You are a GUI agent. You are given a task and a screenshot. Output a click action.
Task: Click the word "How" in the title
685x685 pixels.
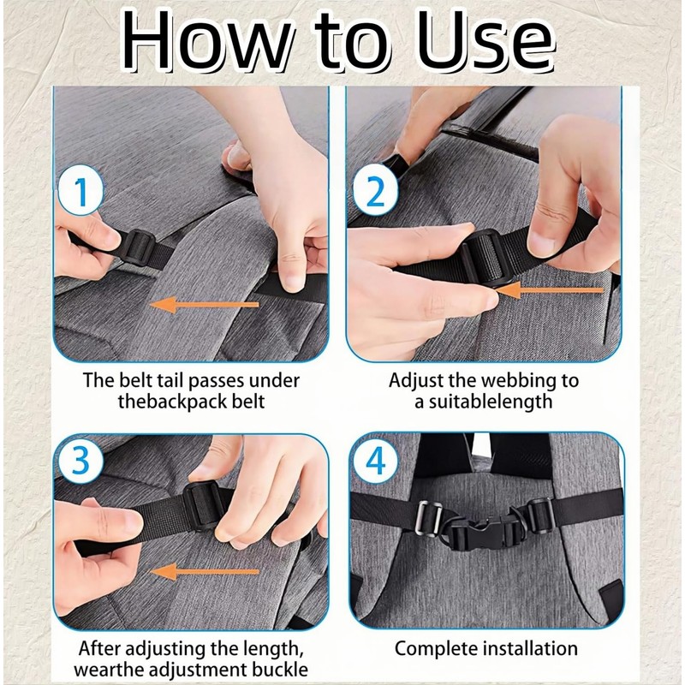coord(206,40)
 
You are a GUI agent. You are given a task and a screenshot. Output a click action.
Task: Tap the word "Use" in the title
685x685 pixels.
coord(485,40)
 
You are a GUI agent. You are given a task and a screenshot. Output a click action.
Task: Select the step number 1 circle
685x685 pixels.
coord(80,191)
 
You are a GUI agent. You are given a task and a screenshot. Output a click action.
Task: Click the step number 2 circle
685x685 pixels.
coord(375,191)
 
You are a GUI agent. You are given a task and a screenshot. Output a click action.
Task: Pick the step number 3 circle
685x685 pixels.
coord(80,460)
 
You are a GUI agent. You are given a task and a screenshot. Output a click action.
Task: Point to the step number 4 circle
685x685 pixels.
coord(376,460)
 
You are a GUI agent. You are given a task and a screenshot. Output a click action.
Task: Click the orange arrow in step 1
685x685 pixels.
coord(205,305)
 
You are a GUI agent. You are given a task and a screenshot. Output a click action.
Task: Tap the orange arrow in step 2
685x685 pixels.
coord(550,290)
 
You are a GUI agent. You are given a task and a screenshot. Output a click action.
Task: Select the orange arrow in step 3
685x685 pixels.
coord(205,571)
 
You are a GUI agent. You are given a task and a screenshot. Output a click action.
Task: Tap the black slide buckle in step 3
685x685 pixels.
coord(202,506)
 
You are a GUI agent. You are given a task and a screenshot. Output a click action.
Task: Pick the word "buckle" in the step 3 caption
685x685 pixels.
coord(280,670)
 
